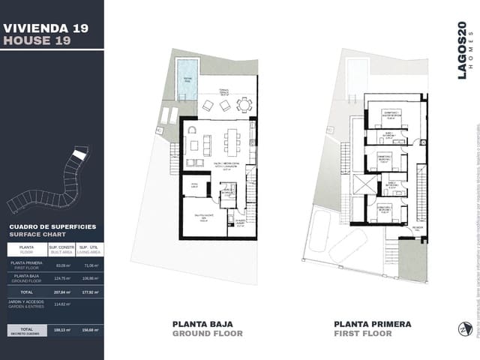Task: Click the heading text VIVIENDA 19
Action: tap(46, 28)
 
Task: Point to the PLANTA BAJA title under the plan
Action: tap(208, 324)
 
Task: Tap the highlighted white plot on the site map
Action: tap(79, 155)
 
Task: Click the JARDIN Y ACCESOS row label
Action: tap(26, 304)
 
